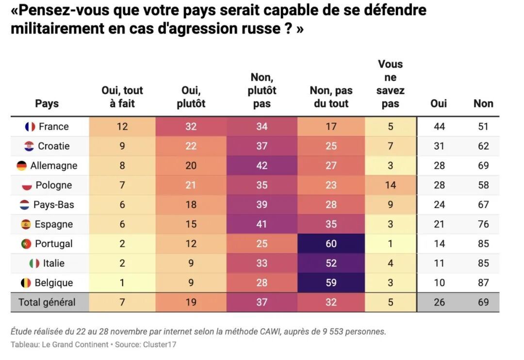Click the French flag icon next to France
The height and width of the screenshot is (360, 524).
coord(30,127)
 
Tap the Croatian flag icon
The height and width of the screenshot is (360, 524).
coord(29,146)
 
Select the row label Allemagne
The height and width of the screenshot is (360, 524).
coord(53,166)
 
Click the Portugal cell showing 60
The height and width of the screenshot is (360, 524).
coord(331,244)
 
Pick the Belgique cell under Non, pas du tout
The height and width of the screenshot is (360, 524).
coord(331,283)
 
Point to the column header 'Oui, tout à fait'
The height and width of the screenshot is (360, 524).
coord(122,97)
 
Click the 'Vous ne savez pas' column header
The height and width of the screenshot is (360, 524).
coord(391,83)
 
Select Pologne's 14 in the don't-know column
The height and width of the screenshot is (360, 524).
coord(391,185)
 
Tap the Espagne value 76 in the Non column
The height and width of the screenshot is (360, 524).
coord(483,224)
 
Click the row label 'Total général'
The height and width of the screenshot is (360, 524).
coord(47,302)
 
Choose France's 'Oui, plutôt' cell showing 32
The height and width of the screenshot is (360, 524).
coord(191,127)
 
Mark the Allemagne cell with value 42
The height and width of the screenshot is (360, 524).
coord(262,166)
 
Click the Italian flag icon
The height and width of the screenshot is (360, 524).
coord(34,263)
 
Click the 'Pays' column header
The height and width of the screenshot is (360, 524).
coord(47,103)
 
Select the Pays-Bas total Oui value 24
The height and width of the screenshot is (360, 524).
coord(439,205)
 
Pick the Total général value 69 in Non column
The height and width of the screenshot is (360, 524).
coord(483,302)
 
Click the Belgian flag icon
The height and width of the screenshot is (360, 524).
coord(26,283)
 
